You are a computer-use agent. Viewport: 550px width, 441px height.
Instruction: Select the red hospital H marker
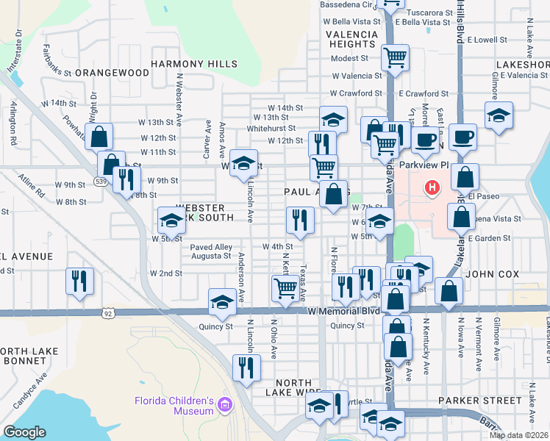(x=432, y=188)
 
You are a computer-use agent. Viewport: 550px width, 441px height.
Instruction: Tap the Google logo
(x=24, y=432)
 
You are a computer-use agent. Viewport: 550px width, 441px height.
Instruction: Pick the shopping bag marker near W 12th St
(x=98, y=136)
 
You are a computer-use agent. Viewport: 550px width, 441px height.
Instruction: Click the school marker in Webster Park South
(x=171, y=220)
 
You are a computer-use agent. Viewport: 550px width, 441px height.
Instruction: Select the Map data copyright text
(x=518, y=435)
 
